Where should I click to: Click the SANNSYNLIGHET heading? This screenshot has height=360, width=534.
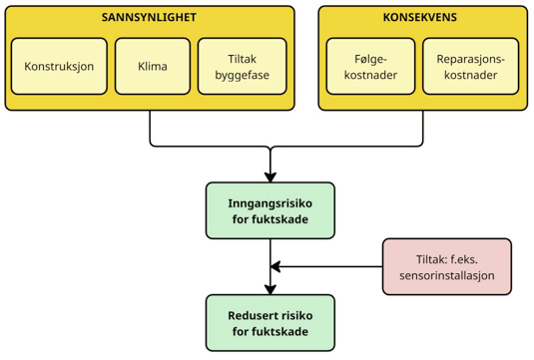(x=150, y=18)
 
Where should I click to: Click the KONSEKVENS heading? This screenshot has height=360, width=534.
(x=422, y=18)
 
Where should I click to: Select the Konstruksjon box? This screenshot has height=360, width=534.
(x=59, y=68)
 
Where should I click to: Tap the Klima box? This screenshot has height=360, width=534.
(x=153, y=68)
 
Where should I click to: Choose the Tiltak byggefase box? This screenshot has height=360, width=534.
(x=242, y=68)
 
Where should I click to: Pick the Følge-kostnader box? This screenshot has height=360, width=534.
(x=371, y=68)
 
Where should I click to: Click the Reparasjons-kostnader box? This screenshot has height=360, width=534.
(x=470, y=68)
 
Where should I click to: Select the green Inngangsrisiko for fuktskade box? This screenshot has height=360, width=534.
(x=270, y=210)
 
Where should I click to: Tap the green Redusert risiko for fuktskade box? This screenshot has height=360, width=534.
(x=270, y=322)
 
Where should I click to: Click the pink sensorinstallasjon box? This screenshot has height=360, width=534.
(x=446, y=266)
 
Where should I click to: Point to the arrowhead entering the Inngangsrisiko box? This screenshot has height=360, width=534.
(x=270, y=176)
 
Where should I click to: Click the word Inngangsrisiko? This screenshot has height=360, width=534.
(x=270, y=202)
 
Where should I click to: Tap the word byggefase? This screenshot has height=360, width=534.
(x=242, y=76)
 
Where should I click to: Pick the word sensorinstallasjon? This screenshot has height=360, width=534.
(x=446, y=275)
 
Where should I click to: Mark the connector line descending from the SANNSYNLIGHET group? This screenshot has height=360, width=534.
(x=150, y=128)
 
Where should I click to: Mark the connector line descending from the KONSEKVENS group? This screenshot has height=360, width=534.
(x=422, y=128)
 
